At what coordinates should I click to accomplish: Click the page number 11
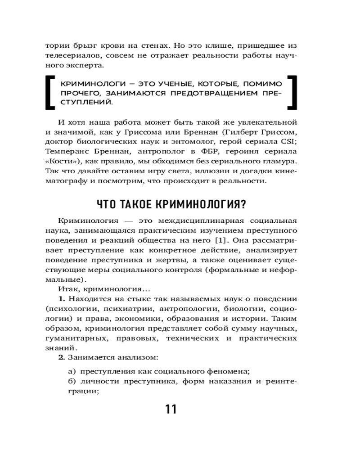point(171,409)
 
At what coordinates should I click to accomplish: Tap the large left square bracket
point(50,92)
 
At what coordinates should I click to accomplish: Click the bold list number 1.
point(62,299)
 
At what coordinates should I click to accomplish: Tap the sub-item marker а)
point(71,371)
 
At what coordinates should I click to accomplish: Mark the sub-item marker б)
point(71,382)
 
